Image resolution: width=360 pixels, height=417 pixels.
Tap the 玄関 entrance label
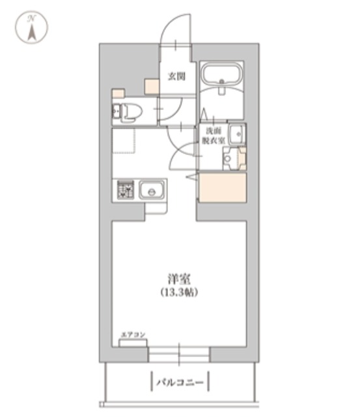pyautogui.click(x=176, y=76)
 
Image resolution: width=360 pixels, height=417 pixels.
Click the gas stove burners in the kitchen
pyautogui.click(x=124, y=191)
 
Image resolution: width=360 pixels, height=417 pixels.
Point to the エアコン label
pyautogui.click(x=133, y=334)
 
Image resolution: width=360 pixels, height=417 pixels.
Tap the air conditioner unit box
pyautogui.click(x=133, y=342)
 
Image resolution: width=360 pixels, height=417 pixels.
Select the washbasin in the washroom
pyautogui.click(x=237, y=134)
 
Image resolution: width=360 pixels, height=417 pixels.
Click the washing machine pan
pyautogui.click(x=231, y=158)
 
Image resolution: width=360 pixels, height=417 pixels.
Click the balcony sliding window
pyautogui.click(x=178, y=354)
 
